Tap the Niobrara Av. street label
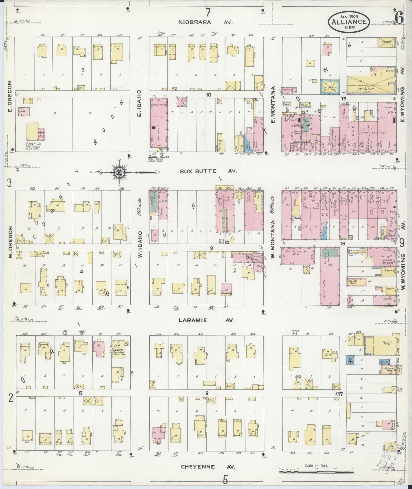pos(206,22)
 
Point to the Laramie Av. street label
pos(206,320)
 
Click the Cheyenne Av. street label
pos(208,467)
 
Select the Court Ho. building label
pos(33,144)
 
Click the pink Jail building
pos(24,111)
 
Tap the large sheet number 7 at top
pos(208,12)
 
